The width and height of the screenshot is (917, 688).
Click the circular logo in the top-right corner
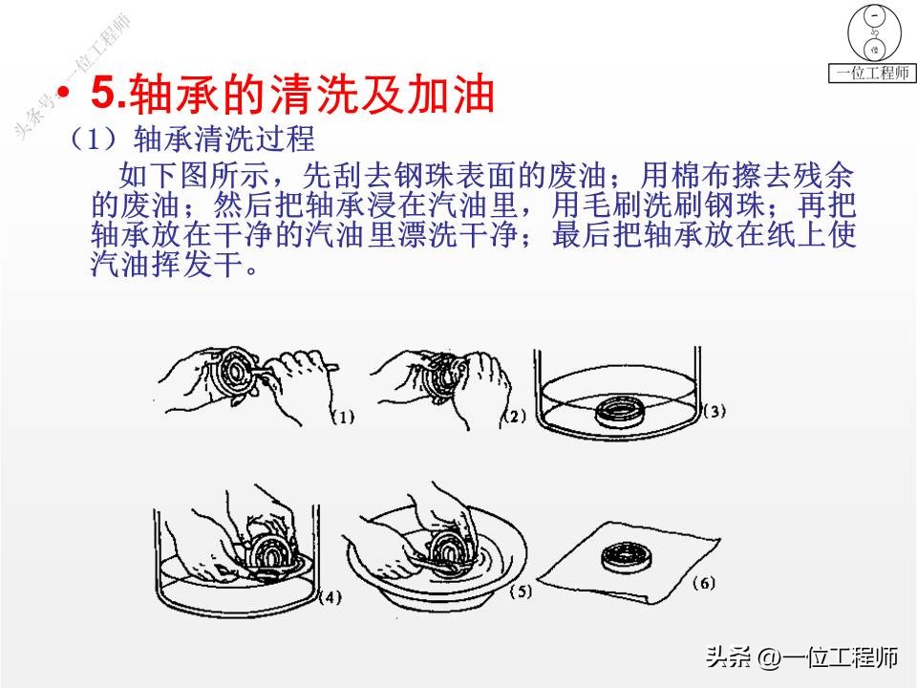(872, 32)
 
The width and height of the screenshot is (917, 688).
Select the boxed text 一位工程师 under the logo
(872, 74)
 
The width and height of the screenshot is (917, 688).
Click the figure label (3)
(714, 412)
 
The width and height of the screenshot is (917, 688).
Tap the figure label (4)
(328, 598)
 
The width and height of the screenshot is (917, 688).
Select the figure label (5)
(519, 592)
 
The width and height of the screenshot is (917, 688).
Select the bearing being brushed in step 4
(268, 552)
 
